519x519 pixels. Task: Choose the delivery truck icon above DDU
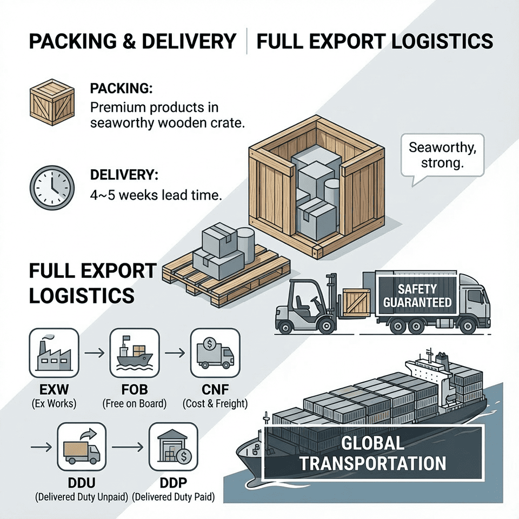click(79, 448)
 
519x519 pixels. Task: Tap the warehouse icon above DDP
click(171, 448)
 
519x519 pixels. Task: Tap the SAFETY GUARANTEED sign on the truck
click(417, 295)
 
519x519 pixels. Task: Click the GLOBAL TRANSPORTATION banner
click(373, 453)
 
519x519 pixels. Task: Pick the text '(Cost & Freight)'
click(214, 403)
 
